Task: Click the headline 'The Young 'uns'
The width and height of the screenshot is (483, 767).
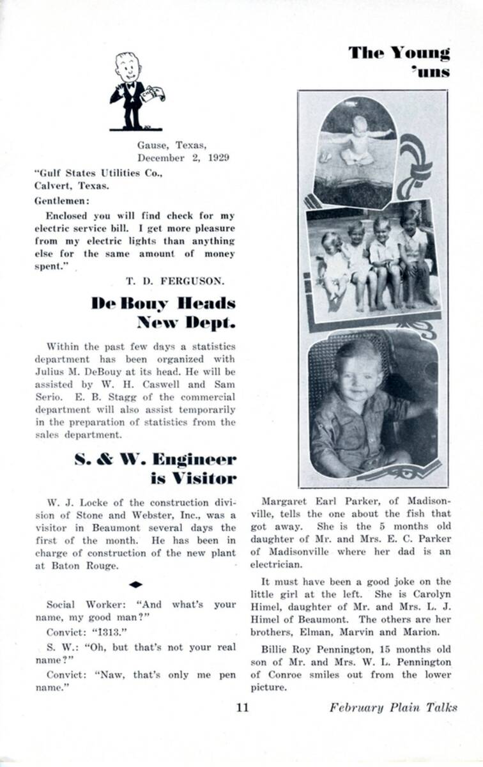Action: pos(400,61)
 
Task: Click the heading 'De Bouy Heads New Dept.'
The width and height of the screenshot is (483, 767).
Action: pos(164,312)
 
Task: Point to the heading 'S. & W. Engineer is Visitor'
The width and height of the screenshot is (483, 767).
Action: pos(155,468)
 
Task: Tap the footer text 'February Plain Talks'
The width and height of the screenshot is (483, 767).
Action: pos(393,708)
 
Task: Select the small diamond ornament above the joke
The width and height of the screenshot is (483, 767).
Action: pos(135,584)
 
